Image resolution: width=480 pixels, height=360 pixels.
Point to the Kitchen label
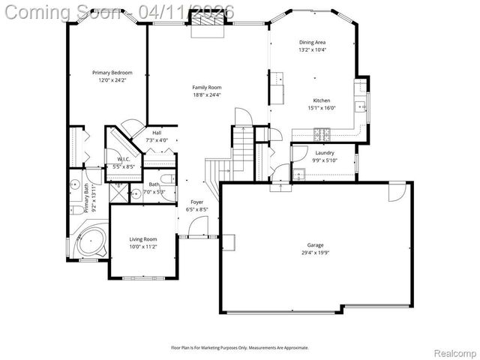[321, 100]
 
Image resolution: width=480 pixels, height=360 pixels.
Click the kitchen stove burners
[323, 134]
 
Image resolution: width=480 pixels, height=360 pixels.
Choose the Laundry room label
[324, 153]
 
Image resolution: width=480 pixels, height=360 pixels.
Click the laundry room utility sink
[299, 175]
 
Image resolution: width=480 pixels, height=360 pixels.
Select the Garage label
[315, 245]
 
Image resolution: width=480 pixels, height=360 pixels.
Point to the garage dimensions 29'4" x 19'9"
[315, 253]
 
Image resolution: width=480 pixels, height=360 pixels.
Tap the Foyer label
[196, 202]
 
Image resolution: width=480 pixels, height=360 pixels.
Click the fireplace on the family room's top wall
[206, 26]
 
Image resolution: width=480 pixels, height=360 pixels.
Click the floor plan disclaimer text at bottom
[239, 347]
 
